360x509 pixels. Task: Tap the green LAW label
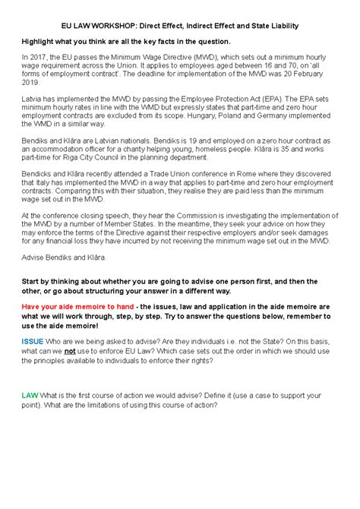click(x=30, y=394)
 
